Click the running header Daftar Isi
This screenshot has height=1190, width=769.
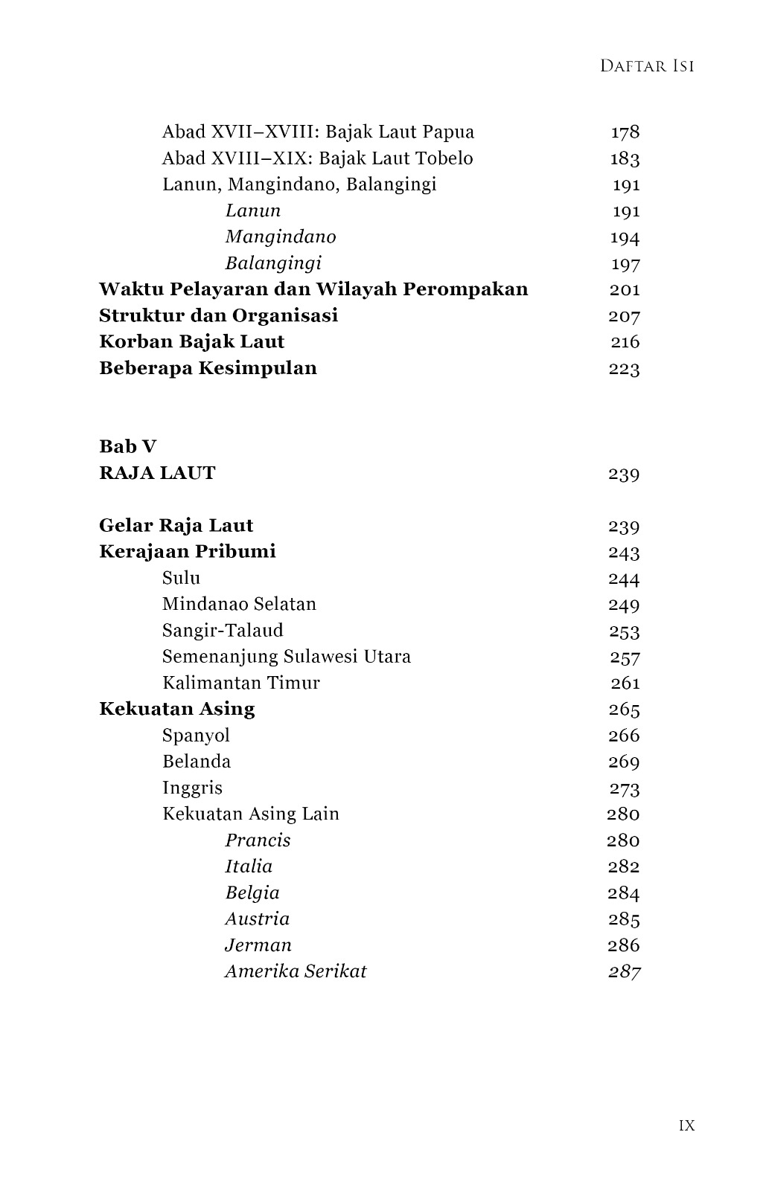tap(646, 66)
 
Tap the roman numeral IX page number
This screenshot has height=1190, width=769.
tap(686, 1125)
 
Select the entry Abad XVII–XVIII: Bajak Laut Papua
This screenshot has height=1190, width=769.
tap(318, 132)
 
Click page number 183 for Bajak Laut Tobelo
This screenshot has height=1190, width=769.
tap(625, 159)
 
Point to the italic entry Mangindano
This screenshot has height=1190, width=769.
tap(281, 237)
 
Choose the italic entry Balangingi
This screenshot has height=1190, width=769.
tap(273, 263)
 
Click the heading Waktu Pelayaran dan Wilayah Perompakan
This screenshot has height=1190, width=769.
tap(313, 289)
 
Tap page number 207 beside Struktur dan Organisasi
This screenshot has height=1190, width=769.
tap(624, 316)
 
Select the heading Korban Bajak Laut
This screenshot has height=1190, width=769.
tap(191, 342)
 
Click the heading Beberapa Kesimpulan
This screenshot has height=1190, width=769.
tap(208, 368)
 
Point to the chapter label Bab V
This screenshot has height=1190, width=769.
tap(127, 447)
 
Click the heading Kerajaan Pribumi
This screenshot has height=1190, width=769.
tap(187, 552)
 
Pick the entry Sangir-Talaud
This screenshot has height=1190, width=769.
tap(223, 631)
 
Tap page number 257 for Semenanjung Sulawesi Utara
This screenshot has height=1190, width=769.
tap(625, 657)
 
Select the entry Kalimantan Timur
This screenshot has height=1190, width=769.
tap(240, 683)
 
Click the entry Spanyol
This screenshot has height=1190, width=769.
tap(196, 736)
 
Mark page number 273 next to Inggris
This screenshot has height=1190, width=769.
tap(624, 788)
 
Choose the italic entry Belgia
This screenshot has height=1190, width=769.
tap(252, 892)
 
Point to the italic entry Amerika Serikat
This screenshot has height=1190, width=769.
tap(296, 971)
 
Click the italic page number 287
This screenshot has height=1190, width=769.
tap(624, 972)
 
